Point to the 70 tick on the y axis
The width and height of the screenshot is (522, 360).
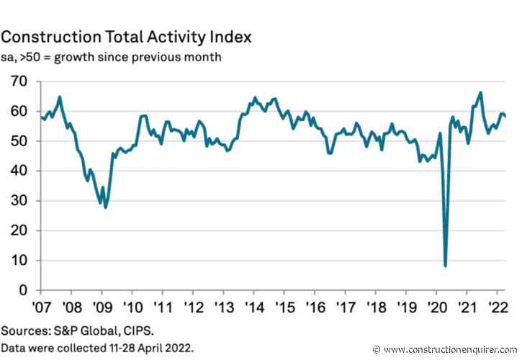(x=17, y=81)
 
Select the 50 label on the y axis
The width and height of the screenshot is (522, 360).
(x=17, y=141)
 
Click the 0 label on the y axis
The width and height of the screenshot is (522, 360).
(x=21, y=290)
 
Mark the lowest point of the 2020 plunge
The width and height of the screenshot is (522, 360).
(x=446, y=266)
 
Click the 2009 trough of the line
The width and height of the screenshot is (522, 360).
(x=106, y=207)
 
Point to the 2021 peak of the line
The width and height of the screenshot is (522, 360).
(x=480, y=92)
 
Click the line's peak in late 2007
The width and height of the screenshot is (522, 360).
(x=60, y=96)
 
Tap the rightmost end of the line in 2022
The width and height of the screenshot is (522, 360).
(x=505, y=116)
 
